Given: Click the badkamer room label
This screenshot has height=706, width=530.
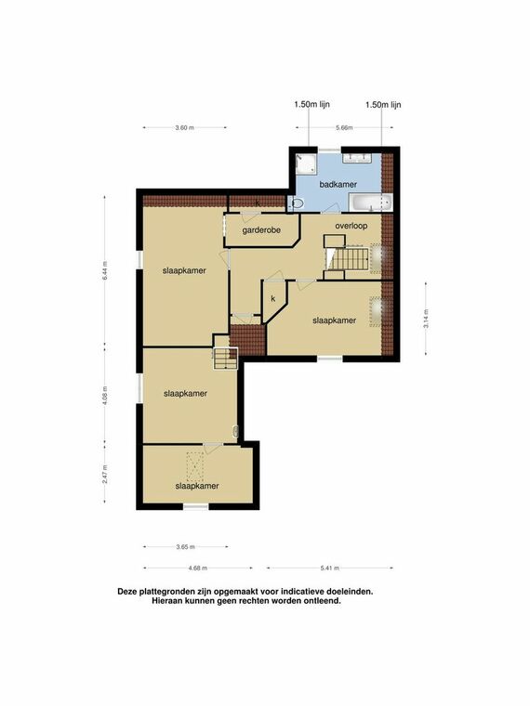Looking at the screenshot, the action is pos(338,184).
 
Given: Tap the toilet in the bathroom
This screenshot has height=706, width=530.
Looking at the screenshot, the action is pos(296,203).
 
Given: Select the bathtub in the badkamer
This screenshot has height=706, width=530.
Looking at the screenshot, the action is pos(371,203).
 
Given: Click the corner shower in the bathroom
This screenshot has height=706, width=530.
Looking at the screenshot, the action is pos(306,163).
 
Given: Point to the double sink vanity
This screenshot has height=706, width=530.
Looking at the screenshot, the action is pos(356,158).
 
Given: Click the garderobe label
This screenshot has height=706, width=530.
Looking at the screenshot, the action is pos(261,230).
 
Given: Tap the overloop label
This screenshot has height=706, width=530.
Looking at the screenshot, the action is pos(351,226).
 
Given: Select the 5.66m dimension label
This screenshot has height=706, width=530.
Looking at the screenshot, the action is pos(344,128).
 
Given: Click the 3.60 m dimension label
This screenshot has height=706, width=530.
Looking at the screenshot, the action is pos(185,128).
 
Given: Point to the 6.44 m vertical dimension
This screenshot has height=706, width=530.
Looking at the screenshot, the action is pos(105,270).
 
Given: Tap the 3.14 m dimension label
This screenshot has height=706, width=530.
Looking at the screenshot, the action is pos(426,319).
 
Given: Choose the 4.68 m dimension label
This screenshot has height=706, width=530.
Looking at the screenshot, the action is pos(198,569).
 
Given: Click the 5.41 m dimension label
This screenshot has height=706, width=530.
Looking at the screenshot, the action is pos(330,569).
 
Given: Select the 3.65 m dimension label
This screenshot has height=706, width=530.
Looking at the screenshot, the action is pos(185,547).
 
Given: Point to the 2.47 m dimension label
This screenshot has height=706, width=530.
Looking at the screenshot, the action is pos(105,474).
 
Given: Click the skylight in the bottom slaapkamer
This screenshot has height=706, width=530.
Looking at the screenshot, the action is pos(194,466).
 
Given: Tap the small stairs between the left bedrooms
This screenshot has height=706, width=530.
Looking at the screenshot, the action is pos(225,359).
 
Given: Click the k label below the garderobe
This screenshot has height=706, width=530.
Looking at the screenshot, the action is pos(273,298).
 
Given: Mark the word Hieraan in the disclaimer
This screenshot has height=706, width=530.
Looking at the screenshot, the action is pos(166,601).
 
